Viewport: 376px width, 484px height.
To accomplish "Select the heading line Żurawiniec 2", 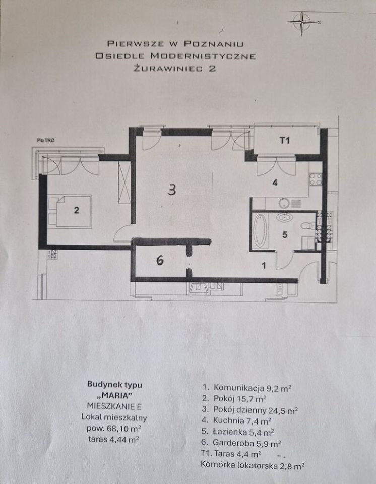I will click(175, 69).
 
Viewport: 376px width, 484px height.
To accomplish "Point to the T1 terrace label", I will click(284, 141).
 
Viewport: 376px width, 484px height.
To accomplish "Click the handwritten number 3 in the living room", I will click(172, 190).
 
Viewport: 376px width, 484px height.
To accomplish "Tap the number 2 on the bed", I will click(77, 210).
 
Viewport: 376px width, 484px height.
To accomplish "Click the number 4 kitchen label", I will click(275, 183).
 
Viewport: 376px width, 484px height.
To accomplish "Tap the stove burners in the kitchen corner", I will click(316, 179).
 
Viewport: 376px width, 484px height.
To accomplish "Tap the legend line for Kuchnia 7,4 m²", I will click(236, 420).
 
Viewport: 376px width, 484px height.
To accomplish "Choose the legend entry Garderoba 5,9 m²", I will click(240, 443).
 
